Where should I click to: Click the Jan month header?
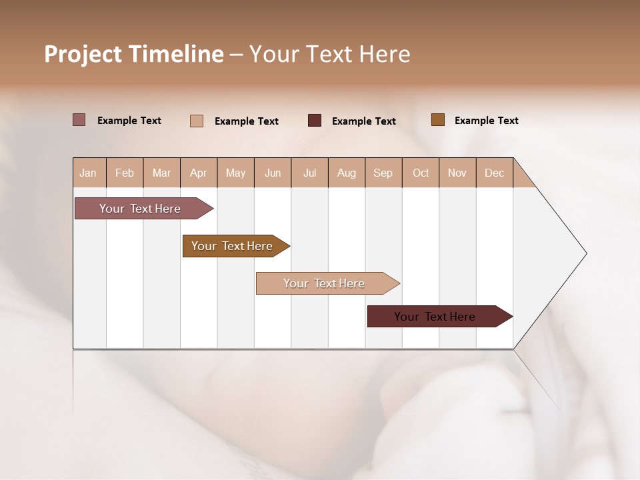coord(88,173)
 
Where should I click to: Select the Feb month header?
coord(125,173)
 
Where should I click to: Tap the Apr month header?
coord(199,173)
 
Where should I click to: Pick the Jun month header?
coord(273,173)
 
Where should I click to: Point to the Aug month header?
coord(347,173)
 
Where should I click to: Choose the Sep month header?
coord(383,173)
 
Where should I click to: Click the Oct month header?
coord(421,173)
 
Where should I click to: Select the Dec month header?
coord(495,173)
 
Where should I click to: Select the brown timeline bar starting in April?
coord(233,246)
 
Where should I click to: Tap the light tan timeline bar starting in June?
coord(325,283)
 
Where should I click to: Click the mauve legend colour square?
coord(79,120)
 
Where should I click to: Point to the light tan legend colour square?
coord(197,121)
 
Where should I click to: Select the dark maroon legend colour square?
coord(315,121)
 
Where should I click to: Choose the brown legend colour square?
coord(438,120)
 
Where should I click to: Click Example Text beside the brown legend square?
coord(486,121)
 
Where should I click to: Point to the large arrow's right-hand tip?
coord(585,253)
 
